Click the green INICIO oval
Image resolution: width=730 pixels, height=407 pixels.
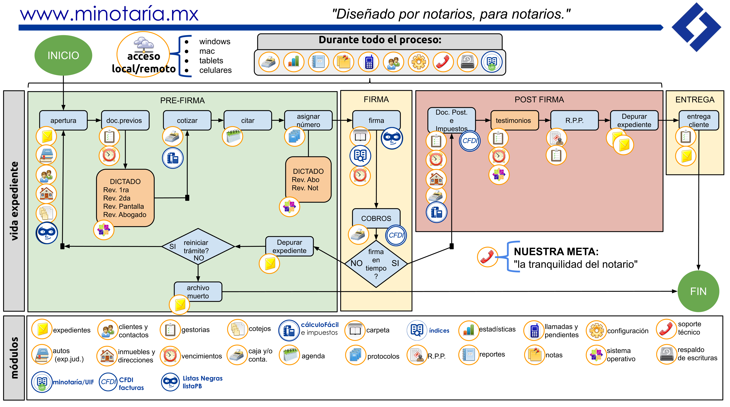(63, 55)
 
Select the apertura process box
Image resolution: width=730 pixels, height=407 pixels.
(63, 120)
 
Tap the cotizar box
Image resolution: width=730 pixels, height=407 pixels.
(187, 120)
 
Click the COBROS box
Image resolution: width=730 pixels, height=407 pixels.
(376, 218)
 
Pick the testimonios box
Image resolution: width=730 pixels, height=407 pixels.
(513, 120)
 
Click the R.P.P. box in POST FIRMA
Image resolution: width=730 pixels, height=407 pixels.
(574, 120)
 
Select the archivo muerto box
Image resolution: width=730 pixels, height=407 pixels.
(198, 292)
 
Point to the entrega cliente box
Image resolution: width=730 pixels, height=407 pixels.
(698, 120)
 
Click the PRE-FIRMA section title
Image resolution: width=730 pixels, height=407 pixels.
(182, 101)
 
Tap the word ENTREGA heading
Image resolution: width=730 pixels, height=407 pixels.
(695, 100)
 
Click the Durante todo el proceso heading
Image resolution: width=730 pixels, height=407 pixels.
(380, 40)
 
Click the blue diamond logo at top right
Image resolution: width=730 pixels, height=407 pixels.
(696, 27)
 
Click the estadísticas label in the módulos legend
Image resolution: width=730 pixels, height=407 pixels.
(497, 329)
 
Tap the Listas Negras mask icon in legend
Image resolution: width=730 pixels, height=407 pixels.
(170, 382)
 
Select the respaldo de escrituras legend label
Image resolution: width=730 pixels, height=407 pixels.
(697, 354)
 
